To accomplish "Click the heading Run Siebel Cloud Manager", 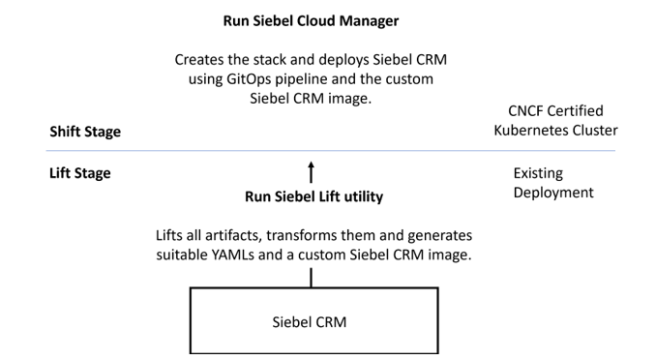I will [311, 20].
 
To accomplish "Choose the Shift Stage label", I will [85, 133].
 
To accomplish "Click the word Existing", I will [538, 173].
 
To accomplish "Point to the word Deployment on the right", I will [553, 192].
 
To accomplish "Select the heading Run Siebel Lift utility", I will [313, 197].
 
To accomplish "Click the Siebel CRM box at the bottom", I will [311, 320].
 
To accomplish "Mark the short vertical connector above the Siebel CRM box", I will [311, 278].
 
